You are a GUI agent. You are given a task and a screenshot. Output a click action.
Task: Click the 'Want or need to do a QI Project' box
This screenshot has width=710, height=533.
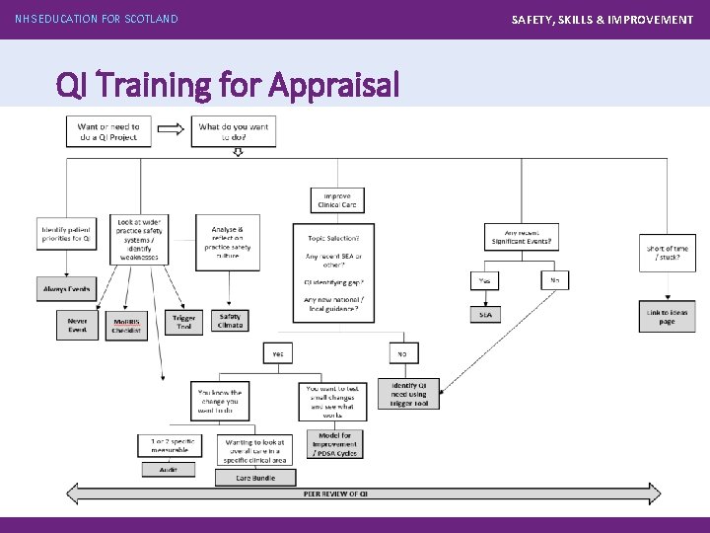click(107, 130)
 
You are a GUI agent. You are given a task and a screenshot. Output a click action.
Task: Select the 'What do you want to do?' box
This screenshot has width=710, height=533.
click(235, 131)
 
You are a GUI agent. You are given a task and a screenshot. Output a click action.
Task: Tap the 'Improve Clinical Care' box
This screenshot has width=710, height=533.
click(337, 200)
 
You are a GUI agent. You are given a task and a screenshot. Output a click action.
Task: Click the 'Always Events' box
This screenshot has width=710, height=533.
click(67, 290)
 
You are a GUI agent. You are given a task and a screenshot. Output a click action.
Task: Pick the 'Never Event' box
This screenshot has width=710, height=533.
click(77, 324)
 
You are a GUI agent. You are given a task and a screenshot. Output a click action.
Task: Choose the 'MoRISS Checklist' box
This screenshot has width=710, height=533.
click(126, 326)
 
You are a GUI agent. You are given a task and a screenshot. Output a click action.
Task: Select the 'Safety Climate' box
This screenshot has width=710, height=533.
click(230, 322)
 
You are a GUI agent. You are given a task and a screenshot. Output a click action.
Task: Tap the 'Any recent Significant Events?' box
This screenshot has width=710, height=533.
click(522, 237)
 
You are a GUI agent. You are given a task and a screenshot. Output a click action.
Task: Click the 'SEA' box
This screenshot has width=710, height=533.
click(485, 314)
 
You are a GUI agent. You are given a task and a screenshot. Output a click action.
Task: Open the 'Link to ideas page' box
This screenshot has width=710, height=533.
click(668, 316)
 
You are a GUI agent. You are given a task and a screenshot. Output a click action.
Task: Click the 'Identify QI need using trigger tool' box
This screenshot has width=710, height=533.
click(409, 394)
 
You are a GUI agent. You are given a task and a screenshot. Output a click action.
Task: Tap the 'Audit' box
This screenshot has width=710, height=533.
click(162, 470)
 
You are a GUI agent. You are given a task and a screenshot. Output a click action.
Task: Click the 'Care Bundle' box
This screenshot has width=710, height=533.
click(255, 478)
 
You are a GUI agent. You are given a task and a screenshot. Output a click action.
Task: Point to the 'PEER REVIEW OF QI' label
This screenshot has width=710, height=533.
click(335, 493)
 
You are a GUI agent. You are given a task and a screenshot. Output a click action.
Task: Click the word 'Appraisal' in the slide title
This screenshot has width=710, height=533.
click(334, 87)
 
